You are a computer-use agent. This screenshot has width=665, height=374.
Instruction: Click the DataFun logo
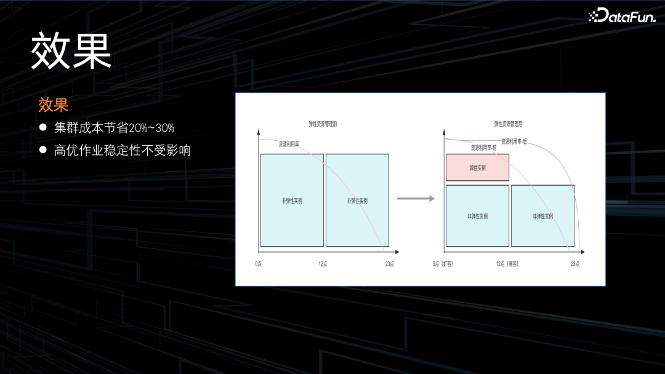pyautogui.click(x=621, y=16)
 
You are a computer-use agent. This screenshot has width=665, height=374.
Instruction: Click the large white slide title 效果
pyautogui.click(x=71, y=52)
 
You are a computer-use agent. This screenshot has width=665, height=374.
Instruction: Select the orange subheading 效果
pyautogui.click(x=53, y=105)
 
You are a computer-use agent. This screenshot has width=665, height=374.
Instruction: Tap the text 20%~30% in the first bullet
pyautogui.click(x=151, y=128)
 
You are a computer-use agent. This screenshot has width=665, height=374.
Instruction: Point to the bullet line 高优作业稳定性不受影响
pyautogui.click(x=122, y=149)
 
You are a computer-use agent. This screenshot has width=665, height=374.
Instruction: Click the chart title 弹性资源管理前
pyautogui.click(x=323, y=124)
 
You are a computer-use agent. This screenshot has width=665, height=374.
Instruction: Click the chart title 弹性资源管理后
pyautogui.click(x=508, y=124)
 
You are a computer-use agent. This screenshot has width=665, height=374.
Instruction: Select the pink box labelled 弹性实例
pyautogui.click(x=477, y=168)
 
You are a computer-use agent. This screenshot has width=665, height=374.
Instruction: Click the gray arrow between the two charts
pyautogui.click(x=415, y=199)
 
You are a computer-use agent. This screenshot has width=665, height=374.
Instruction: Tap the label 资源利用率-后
pyautogui.click(x=514, y=141)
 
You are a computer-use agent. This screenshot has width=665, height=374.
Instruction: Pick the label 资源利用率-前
pyautogui.click(x=483, y=148)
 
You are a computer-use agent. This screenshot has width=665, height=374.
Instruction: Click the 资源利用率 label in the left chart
pyautogui.click(x=289, y=144)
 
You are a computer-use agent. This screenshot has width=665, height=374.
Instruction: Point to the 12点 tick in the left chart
pyautogui.click(x=323, y=263)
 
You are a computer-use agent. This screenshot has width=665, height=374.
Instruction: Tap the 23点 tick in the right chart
pyautogui.click(x=575, y=263)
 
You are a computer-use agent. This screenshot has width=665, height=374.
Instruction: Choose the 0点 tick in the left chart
pyautogui.click(x=259, y=263)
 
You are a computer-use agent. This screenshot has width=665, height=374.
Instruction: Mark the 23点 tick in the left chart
pyautogui.click(x=389, y=263)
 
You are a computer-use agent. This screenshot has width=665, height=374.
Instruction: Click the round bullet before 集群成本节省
pyautogui.click(x=43, y=128)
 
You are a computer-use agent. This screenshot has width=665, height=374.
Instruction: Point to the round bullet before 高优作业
pyautogui.click(x=43, y=149)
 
